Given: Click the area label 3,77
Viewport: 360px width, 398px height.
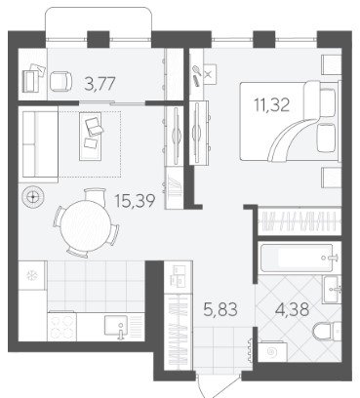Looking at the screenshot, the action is coord(100,84).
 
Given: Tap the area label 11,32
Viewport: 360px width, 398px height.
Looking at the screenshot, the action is coord(272,104).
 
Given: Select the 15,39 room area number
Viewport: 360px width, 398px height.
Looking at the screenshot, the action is coord(135,200).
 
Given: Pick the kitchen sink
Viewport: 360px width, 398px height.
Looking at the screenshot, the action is coord(116,325).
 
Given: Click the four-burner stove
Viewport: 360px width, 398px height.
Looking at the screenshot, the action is coord(62,326).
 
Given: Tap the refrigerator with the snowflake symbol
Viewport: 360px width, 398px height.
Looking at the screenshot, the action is coord(32,276).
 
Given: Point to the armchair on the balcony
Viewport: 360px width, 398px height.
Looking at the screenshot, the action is coord(60,81).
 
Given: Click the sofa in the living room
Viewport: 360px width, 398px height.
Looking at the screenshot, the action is coord(39,144).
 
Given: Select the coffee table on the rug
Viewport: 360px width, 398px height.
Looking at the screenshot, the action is coord(91,136).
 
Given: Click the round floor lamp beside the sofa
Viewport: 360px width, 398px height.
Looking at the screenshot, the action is coord(32,197).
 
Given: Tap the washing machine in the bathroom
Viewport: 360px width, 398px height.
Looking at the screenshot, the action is coord(272,351).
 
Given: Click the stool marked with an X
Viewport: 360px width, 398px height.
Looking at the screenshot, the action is coord(209,74).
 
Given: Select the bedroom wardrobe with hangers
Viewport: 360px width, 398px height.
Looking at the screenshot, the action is coord(300,221).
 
